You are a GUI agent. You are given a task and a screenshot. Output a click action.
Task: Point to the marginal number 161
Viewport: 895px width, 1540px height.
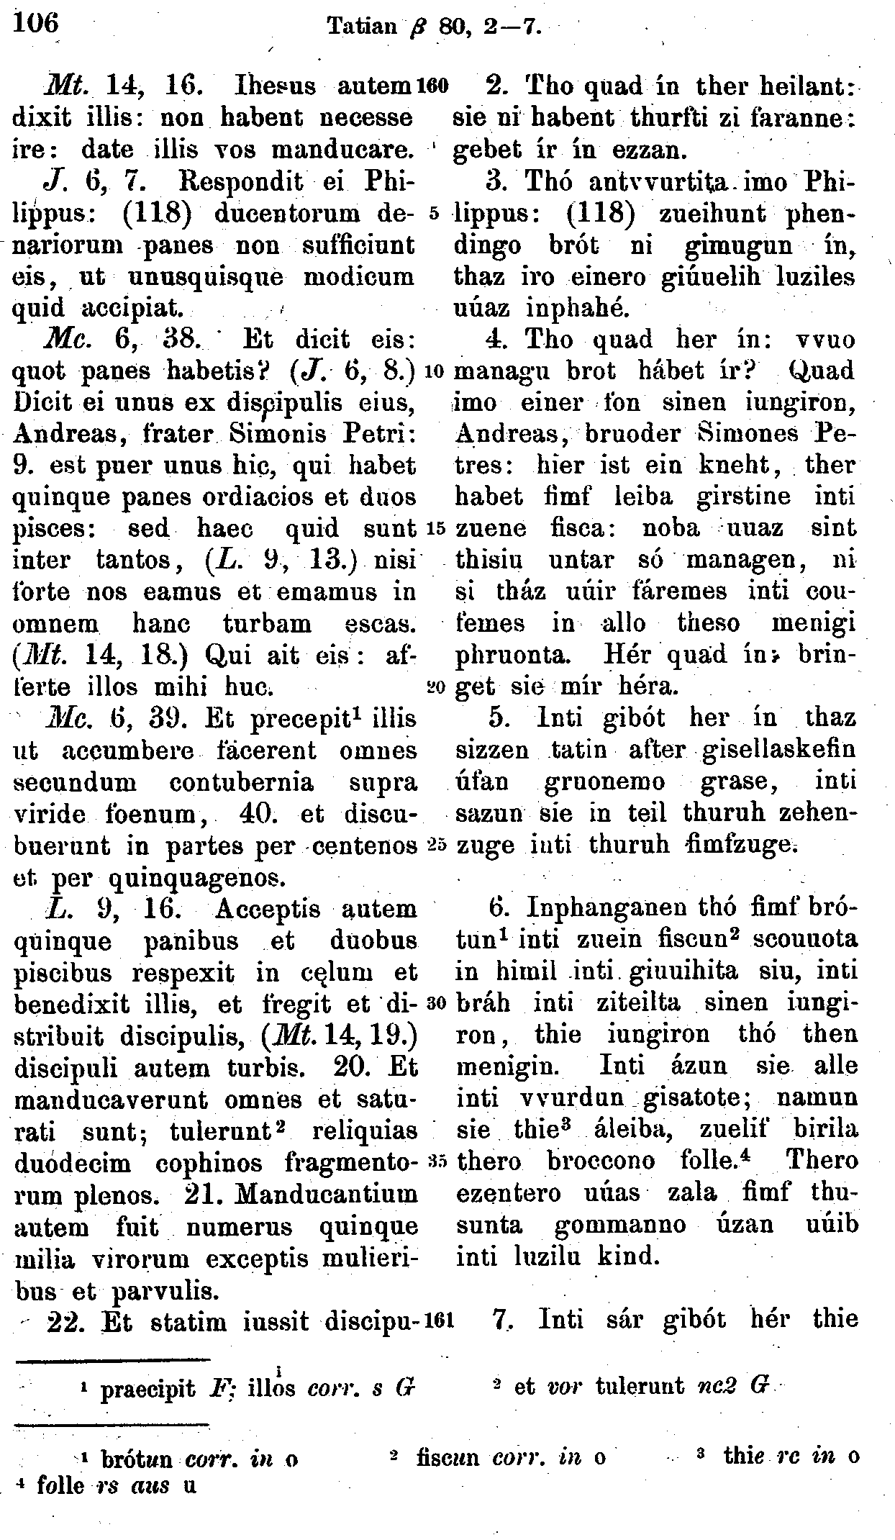[x=438, y=1321]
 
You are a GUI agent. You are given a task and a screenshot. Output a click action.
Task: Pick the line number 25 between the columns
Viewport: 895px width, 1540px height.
[x=437, y=844]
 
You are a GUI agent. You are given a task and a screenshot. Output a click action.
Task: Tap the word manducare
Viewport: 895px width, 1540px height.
[x=352, y=150]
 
